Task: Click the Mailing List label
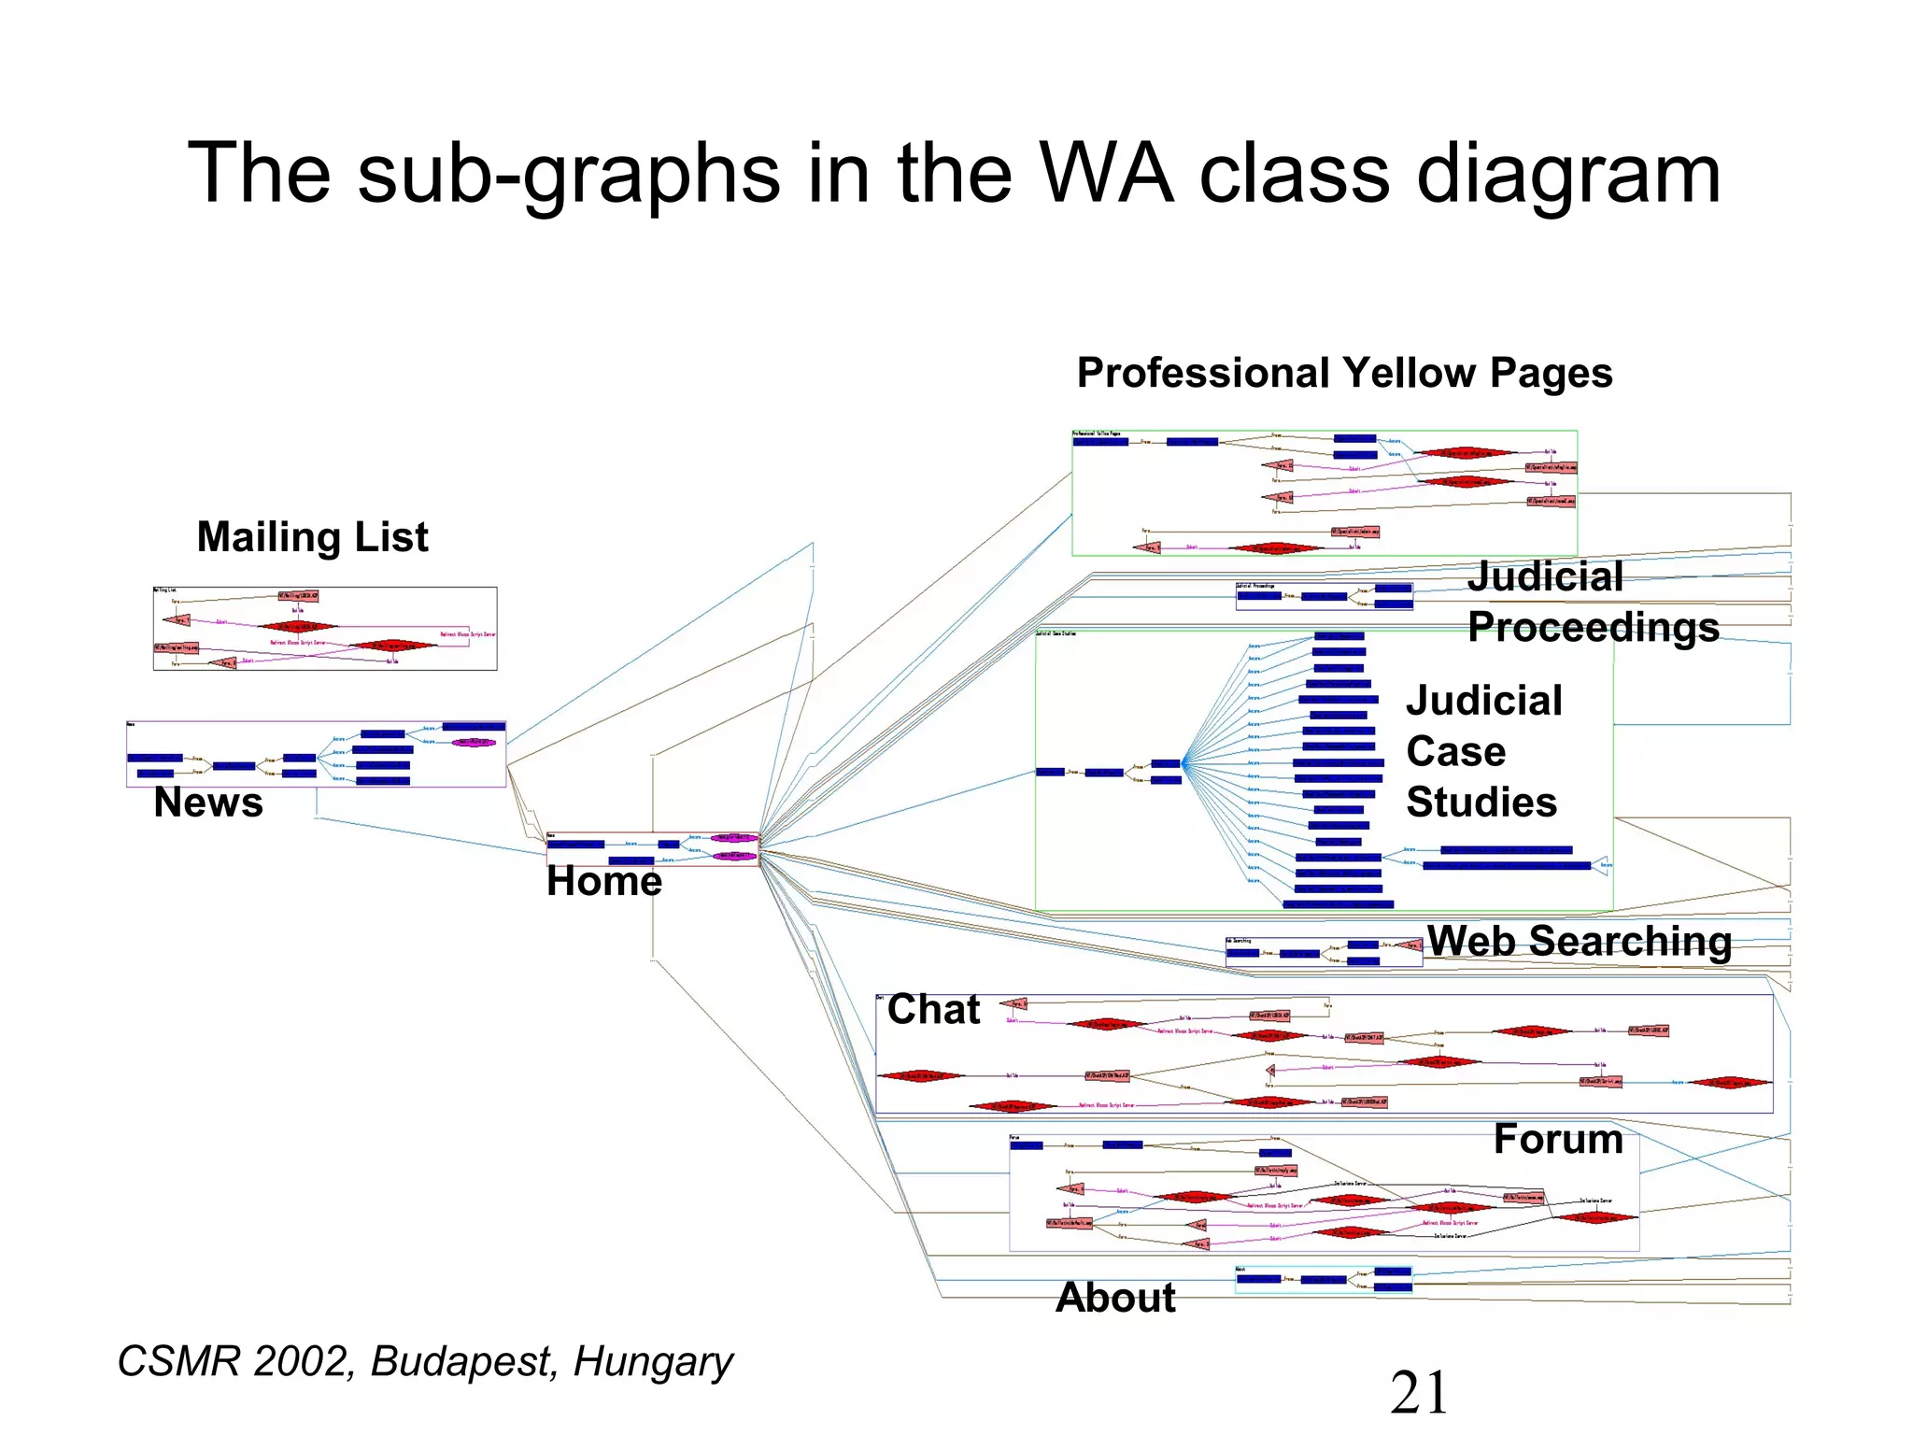pyautogui.click(x=312, y=538)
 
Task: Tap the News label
pyautogui.click(x=208, y=803)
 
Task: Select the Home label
pyautogui.click(x=604, y=881)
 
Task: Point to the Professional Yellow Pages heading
pyautogui.click(x=1344, y=374)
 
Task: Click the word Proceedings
pyautogui.click(x=1594, y=627)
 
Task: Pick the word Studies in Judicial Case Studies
pyautogui.click(x=1481, y=803)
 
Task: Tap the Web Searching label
pyautogui.click(x=1580, y=941)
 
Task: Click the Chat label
pyautogui.click(x=933, y=1010)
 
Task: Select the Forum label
pyautogui.click(x=1558, y=1140)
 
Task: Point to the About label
pyautogui.click(x=1115, y=1298)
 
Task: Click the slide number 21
pyautogui.click(x=1419, y=1393)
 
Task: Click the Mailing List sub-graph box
pyautogui.click(x=325, y=629)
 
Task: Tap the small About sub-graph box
pyautogui.click(x=1324, y=1280)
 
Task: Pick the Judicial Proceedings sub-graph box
pyautogui.click(x=1324, y=596)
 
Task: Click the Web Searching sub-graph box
pyautogui.click(x=1324, y=952)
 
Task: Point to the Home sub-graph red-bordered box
pyautogui.click(x=653, y=849)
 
